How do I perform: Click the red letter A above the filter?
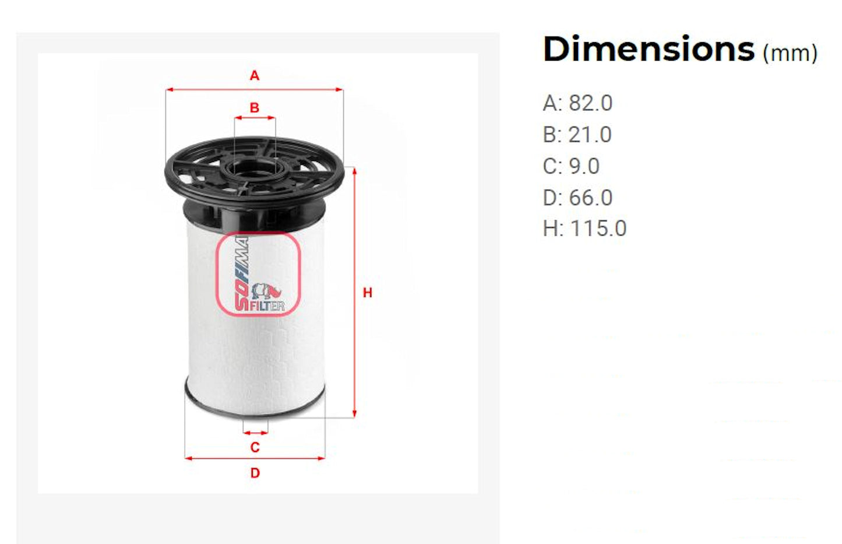tap(255, 76)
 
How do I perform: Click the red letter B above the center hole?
tap(255, 108)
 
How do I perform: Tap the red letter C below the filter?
tap(255, 447)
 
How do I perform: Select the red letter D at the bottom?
tap(255, 473)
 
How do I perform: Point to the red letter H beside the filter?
tap(367, 293)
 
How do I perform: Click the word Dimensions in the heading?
tap(648, 49)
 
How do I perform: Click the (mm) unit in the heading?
tap(790, 54)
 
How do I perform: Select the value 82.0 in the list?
tap(590, 103)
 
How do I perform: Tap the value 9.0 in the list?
tap(584, 166)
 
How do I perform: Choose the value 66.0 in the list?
tap(590, 198)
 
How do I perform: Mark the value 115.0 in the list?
tap(598, 229)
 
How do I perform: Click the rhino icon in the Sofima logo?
tap(267, 290)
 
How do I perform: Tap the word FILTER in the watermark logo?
tap(267, 306)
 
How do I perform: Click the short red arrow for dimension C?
tap(255, 433)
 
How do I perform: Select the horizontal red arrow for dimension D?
tap(255, 458)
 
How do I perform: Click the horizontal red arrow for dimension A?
tap(255, 90)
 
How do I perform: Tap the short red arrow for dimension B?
tap(255, 118)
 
